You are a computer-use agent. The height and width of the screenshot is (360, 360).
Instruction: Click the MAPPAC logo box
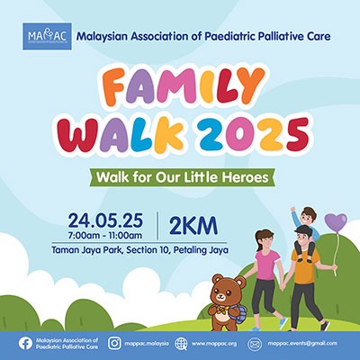point(48,36)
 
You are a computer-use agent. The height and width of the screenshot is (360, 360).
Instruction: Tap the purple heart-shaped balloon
point(336,222)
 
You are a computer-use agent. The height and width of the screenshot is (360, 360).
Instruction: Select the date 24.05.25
point(105,221)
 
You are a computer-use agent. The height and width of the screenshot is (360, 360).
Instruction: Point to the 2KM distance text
point(193,226)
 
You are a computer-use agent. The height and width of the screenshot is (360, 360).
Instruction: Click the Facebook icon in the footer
point(25,344)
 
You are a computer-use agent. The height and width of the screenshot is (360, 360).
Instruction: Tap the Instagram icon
point(114,343)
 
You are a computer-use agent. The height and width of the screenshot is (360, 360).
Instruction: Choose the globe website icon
point(181,344)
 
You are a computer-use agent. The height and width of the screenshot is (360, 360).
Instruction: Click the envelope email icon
point(255,344)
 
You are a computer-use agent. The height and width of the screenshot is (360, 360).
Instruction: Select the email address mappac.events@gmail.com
point(302,344)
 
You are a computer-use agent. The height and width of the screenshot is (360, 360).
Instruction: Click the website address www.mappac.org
point(214,344)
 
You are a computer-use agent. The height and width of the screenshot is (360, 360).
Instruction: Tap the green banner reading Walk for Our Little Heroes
point(182,177)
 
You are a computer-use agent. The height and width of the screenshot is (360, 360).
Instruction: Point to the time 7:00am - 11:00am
point(105,236)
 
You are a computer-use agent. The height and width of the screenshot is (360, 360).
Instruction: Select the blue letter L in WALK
point(142,134)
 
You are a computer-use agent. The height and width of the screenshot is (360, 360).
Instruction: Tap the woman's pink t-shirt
point(266,265)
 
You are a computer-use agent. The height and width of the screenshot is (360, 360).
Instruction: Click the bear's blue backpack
point(238,314)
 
